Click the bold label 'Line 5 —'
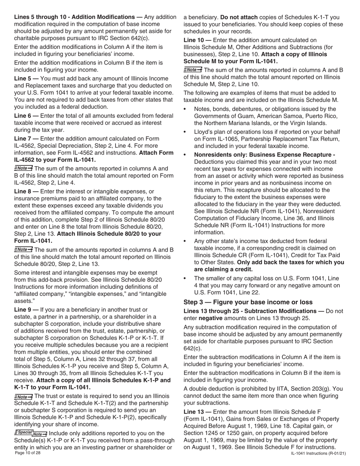click(26, 78)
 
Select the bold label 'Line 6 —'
click(26, 115)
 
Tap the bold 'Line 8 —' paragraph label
click(26, 191)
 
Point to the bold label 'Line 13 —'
click(197, 411)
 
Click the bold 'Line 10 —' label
click(197, 40)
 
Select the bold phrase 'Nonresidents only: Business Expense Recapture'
click(264, 155)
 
